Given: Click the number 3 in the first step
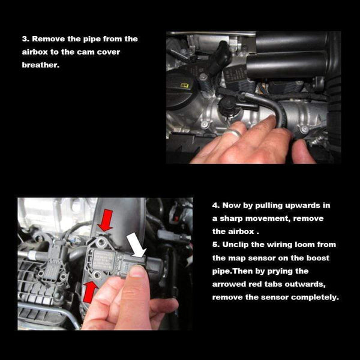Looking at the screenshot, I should coord(25,39).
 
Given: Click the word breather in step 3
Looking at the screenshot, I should coord(41,65).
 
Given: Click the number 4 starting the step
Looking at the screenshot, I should coord(215,205).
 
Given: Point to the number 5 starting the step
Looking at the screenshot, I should coord(215,245).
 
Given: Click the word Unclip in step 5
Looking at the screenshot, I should coord(238,245).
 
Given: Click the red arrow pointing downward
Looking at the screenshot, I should coord(106,220).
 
